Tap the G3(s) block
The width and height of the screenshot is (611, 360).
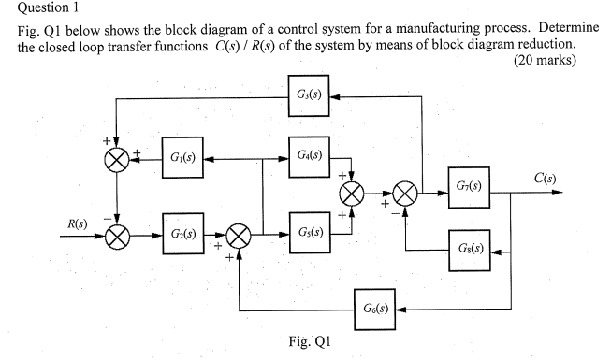pos(310,94)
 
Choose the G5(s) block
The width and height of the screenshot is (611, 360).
pos(310,233)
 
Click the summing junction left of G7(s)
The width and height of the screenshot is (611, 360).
pos(405,194)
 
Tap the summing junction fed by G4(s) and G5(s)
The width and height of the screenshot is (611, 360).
pos(352,194)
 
